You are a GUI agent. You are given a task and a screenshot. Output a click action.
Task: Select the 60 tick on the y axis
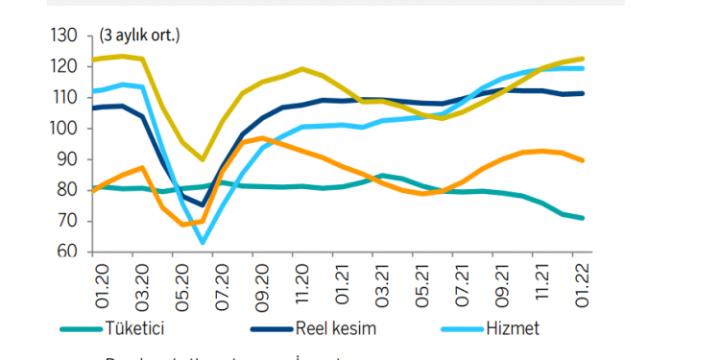[67, 252]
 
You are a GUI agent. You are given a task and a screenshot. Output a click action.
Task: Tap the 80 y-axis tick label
[67, 190]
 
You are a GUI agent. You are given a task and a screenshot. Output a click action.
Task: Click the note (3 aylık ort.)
[139, 36]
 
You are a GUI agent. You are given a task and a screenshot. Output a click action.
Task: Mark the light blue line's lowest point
[203, 243]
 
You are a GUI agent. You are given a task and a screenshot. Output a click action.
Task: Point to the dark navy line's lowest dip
[203, 204]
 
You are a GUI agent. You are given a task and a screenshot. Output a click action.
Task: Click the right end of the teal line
[584, 218]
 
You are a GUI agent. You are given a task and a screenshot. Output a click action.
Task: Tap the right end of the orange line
[584, 160]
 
